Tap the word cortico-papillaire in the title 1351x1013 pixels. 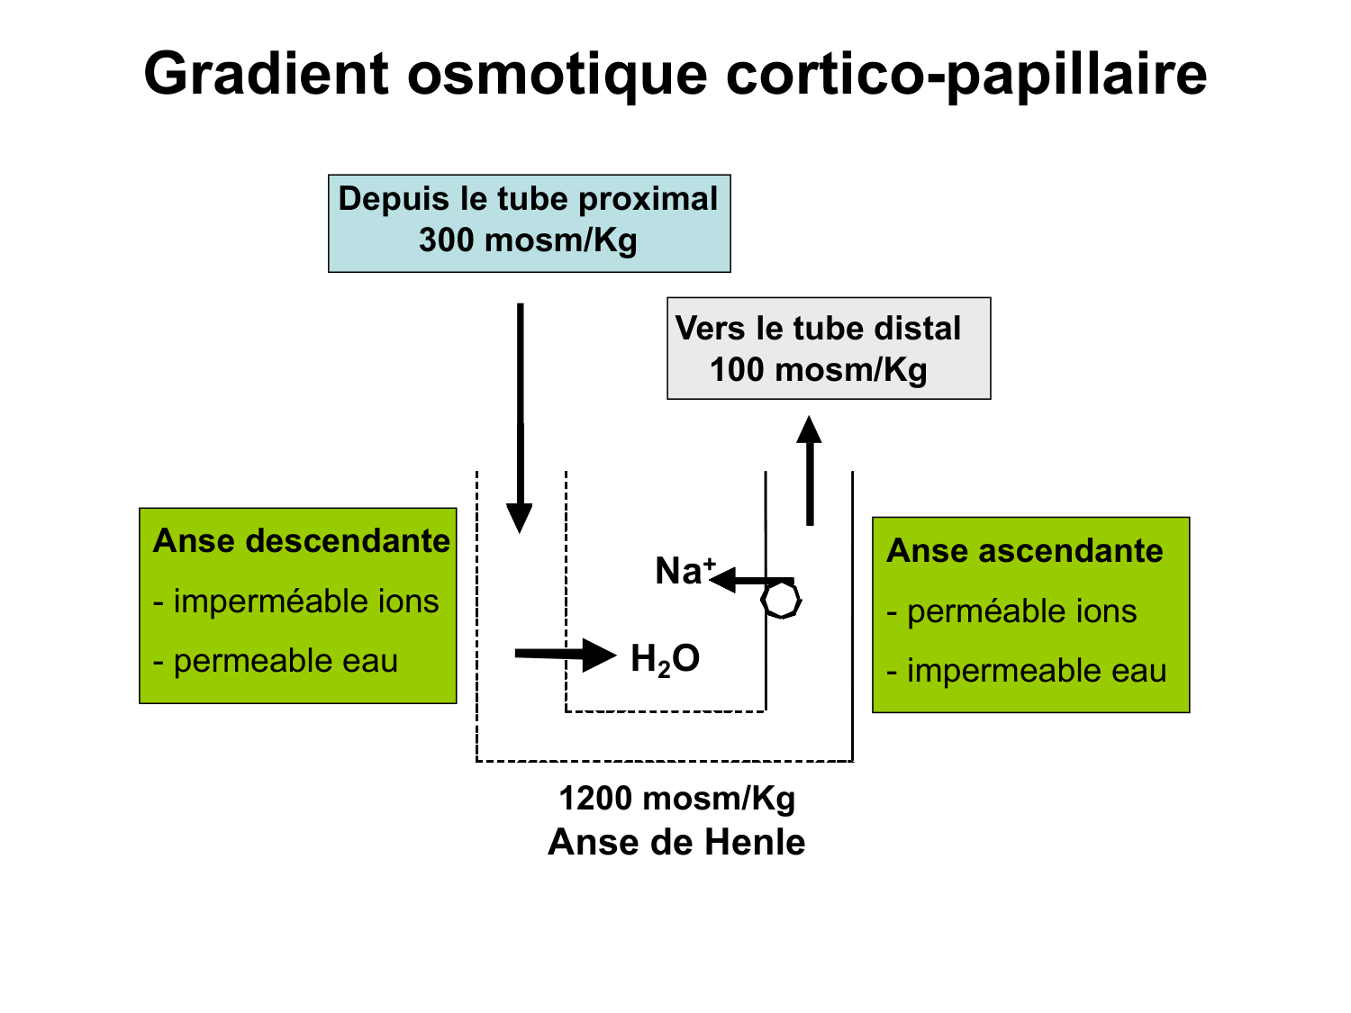click(966, 74)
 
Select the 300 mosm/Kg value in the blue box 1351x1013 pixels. click(528, 240)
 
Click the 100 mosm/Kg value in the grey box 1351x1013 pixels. click(818, 369)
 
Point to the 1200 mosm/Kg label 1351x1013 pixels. click(676, 799)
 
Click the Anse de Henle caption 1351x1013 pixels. click(676, 843)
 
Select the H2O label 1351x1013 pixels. click(665, 659)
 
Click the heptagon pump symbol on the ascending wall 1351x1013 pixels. click(781, 600)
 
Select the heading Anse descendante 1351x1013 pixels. click(301, 541)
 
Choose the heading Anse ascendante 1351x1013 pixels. click(1025, 551)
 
